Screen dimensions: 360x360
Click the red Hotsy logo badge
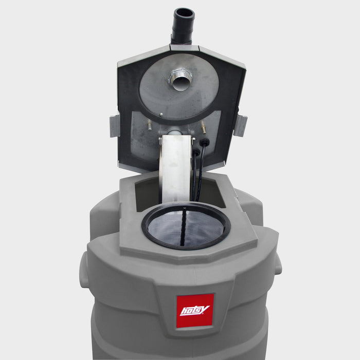coord(195,310)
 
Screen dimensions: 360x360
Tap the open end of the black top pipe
coord(183,13)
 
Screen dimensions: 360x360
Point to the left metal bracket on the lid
coord(114,126)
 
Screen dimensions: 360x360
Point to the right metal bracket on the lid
coord(240,125)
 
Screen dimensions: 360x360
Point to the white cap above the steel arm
coord(175,133)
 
